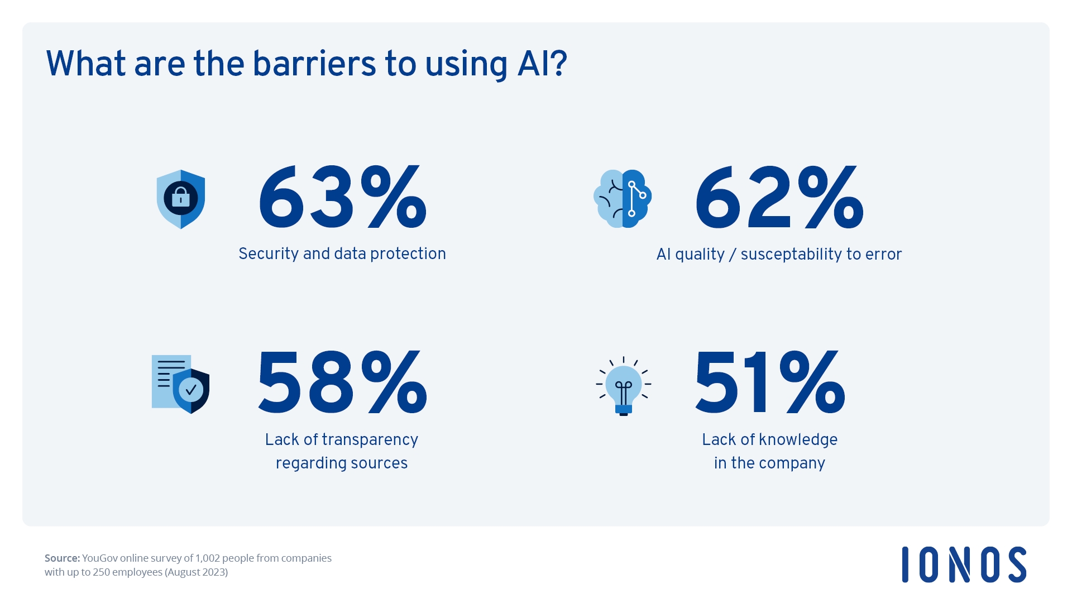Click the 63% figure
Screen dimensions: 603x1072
tap(342, 198)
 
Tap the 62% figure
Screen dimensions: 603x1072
tap(779, 198)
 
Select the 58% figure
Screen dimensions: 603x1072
tap(342, 384)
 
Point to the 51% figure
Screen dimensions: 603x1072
tap(769, 384)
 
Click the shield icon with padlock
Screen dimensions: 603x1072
tap(181, 199)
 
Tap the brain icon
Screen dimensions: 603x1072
tap(623, 199)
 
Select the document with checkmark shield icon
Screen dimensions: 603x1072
tap(180, 384)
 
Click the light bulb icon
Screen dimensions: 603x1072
tap(623, 386)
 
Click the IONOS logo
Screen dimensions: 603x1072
tap(964, 564)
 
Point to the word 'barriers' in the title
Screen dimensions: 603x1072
tap(314, 64)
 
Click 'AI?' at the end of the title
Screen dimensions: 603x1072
tap(542, 64)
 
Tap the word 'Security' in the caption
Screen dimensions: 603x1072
tap(269, 253)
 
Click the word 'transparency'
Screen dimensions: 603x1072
tap(370, 440)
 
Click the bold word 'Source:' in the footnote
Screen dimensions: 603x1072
tap(62, 558)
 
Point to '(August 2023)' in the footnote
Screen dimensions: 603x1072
tap(196, 572)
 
